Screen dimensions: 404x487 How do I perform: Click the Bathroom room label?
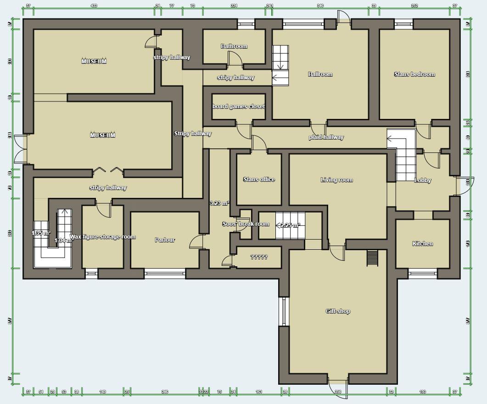[x=234, y=46]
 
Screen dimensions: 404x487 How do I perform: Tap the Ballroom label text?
[x=320, y=74]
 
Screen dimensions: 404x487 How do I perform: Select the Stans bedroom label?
[x=414, y=74]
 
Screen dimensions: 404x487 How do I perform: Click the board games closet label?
[x=239, y=107]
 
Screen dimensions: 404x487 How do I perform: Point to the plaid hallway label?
[x=326, y=137]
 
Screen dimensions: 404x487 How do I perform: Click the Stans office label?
[x=259, y=180]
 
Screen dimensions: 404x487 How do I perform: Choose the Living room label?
[x=336, y=180]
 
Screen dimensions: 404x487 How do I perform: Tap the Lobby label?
[x=423, y=180]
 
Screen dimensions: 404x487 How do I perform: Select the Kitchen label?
[x=423, y=244]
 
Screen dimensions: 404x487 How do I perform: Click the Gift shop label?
[x=338, y=311]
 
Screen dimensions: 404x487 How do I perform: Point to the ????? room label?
[x=259, y=257]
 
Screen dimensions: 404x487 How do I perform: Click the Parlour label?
[x=165, y=240]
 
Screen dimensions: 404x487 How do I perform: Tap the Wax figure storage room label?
[x=103, y=237]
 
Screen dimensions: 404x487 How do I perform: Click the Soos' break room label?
[x=246, y=224]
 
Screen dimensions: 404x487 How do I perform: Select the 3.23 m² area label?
[x=219, y=203]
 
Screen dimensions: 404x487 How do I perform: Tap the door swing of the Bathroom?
[x=235, y=57]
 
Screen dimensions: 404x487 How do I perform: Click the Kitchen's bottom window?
[x=422, y=274]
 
